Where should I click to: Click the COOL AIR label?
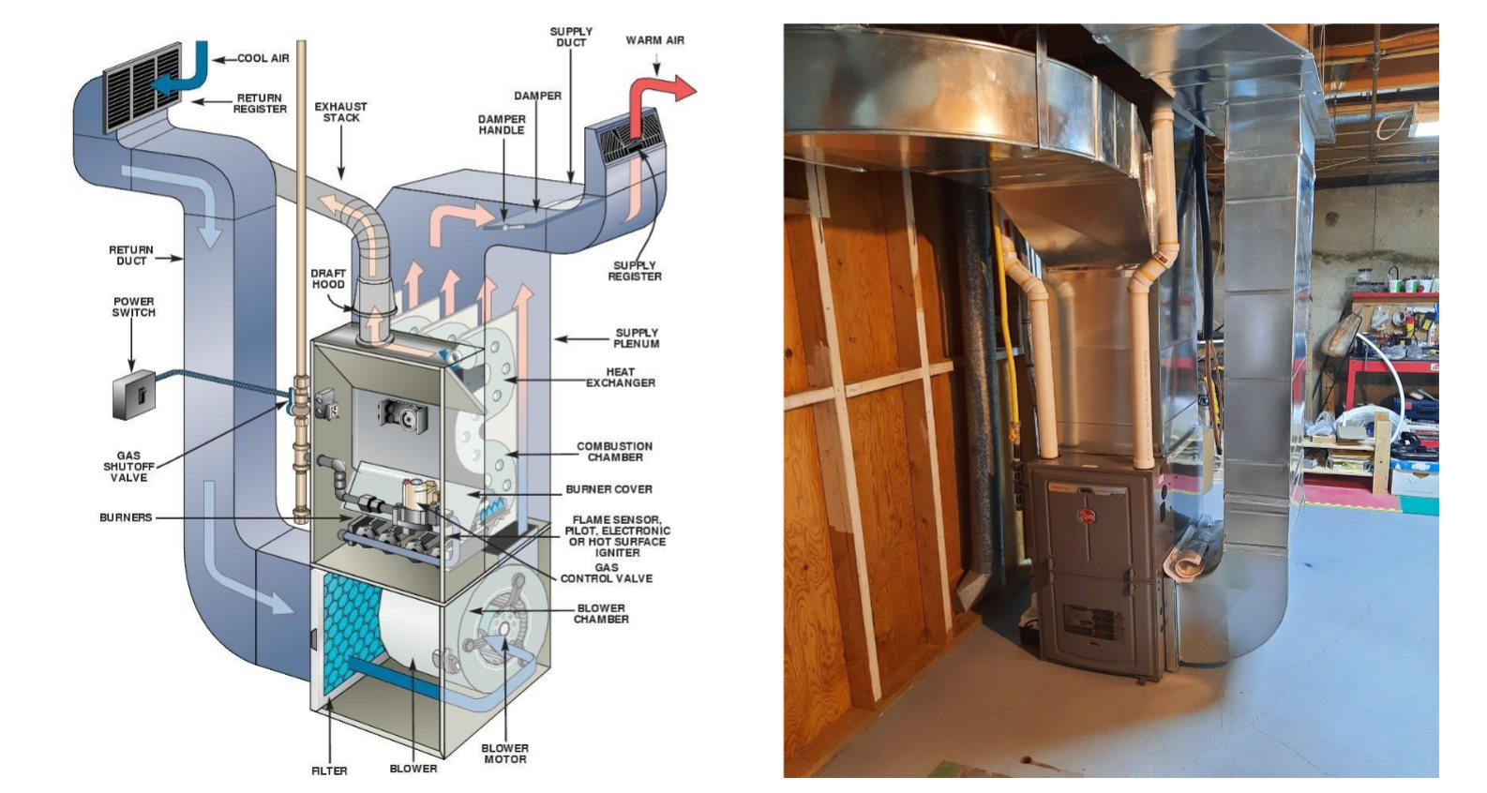pos(263,58)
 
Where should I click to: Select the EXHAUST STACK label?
pos(340,112)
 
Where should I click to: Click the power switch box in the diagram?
pos(133,395)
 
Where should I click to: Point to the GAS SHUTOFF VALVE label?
pos(128,467)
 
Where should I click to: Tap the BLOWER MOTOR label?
pos(504,754)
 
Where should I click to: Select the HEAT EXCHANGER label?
pos(620,377)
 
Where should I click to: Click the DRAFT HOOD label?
pos(328,278)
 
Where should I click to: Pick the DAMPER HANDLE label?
pos(502,125)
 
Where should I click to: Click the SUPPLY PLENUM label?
pos(637,338)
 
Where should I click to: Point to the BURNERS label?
pos(126,517)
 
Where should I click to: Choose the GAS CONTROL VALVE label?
pos(607,573)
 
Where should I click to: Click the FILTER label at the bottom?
pos(329,771)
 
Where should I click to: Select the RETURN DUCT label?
pos(131,255)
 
